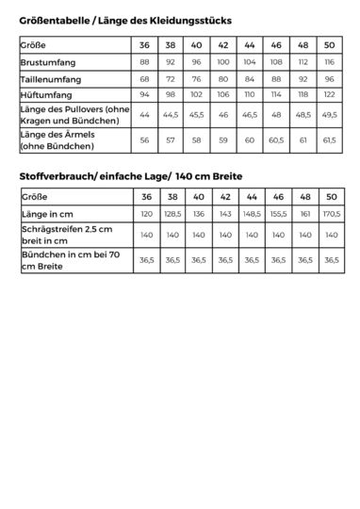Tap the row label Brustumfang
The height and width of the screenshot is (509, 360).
(48, 62)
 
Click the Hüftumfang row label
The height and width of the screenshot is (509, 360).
(47, 94)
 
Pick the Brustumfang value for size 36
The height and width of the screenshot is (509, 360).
(144, 62)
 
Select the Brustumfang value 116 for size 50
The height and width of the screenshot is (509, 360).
(329, 62)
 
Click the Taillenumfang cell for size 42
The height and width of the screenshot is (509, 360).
(223, 78)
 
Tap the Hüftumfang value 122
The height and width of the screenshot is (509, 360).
(329, 94)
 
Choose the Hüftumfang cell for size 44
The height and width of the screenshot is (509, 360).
(250, 94)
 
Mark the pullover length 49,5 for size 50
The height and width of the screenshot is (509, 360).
(329, 114)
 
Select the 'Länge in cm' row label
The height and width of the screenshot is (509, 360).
(48, 213)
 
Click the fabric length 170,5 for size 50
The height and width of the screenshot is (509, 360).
(331, 213)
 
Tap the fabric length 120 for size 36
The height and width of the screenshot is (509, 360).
(145, 213)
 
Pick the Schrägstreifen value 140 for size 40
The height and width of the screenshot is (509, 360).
(198, 235)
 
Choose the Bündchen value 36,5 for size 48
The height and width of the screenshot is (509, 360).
(303, 261)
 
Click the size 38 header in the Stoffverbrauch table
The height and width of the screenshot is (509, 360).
(172, 196)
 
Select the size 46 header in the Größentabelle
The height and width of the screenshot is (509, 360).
(276, 45)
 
